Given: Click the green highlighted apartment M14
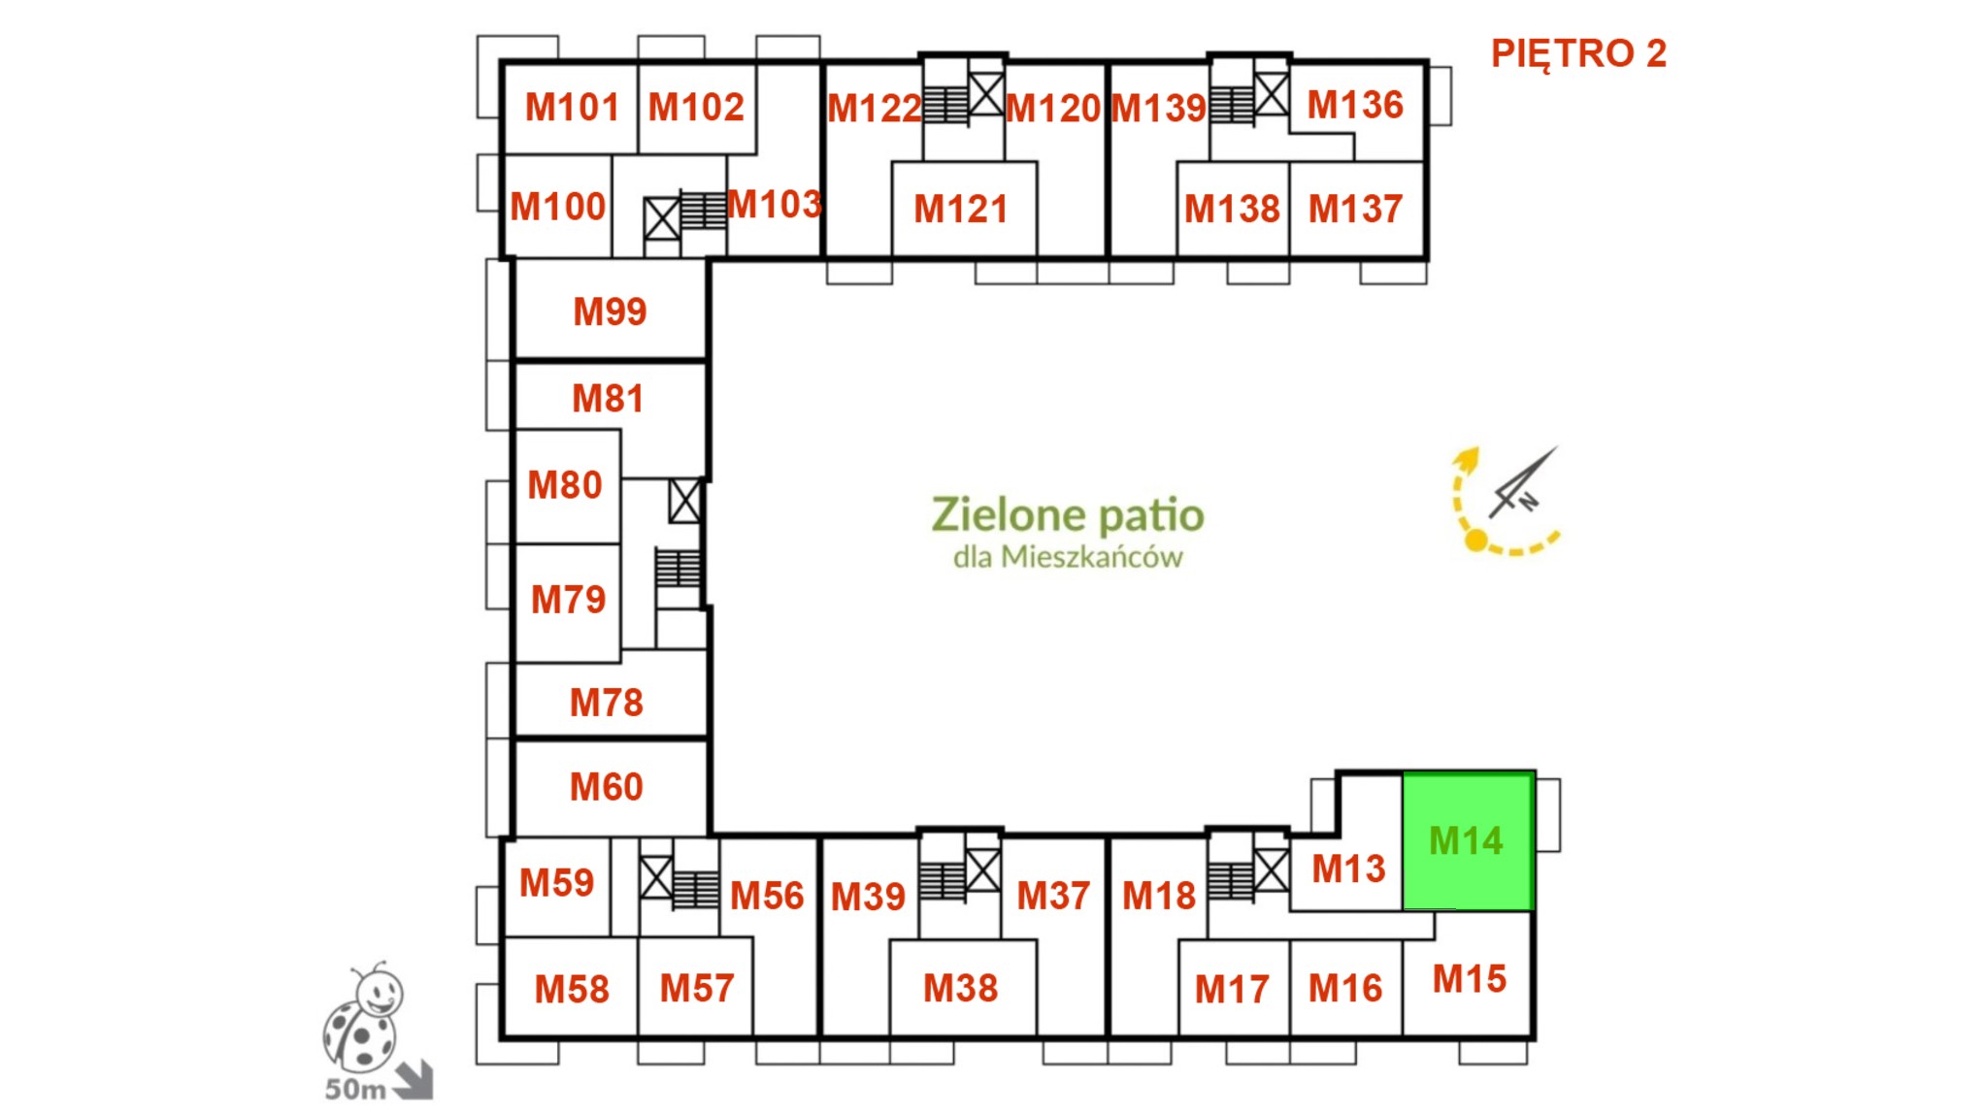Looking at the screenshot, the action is coord(1468,841).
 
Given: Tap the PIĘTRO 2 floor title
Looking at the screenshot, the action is coord(1578,53).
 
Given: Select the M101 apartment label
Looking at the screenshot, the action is coord(572,107).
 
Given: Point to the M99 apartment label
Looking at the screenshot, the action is coord(610,311).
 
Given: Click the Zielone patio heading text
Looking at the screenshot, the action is coord(1068,515).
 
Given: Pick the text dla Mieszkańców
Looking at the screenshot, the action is coord(1068,557).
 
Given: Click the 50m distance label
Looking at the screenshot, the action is coord(355,1090).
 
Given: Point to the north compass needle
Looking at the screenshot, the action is coord(1524,482).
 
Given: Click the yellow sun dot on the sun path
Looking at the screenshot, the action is coord(1475,541).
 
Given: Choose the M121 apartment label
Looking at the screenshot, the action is coord(961,209).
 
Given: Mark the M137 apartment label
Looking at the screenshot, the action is coord(1355,209).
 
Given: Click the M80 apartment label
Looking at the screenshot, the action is coord(565,484).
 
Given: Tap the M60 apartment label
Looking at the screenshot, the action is coord(607,787).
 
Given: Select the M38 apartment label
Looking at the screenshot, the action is coord(961,988).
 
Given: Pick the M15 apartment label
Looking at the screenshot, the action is coord(1470,979).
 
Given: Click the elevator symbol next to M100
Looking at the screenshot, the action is coord(662,218).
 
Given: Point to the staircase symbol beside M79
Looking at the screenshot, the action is coord(678,568).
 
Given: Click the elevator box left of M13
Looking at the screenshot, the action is coord(1272,870).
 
